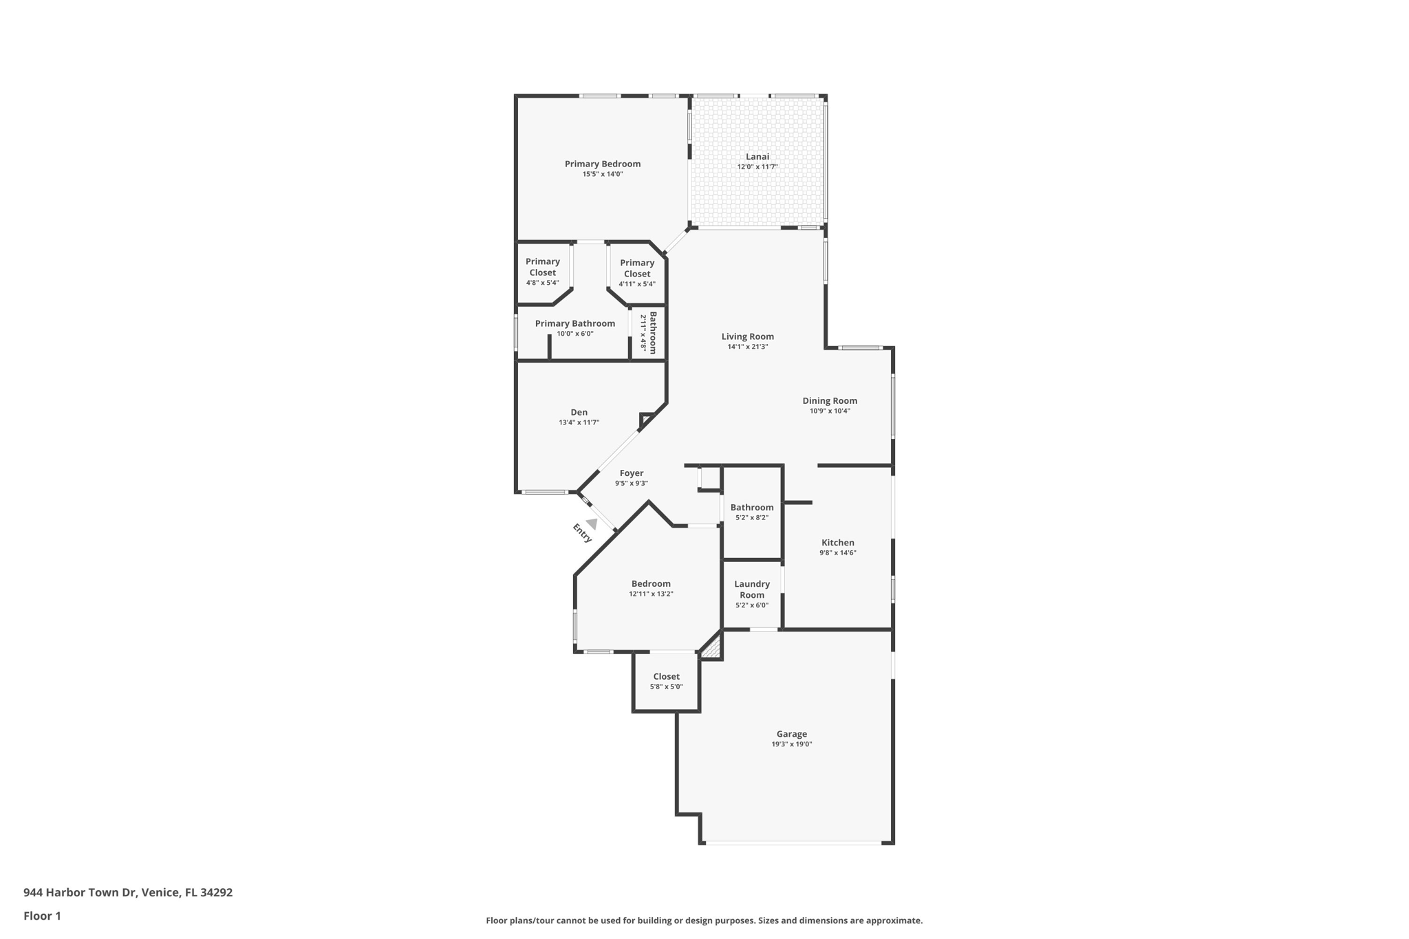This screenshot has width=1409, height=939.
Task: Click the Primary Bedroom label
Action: (x=602, y=164)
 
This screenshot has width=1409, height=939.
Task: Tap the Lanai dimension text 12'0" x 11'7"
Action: (x=757, y=167)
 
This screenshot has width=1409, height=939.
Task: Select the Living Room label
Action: (x=747, y=336)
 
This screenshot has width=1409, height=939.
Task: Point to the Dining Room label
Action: (x=830, y=401)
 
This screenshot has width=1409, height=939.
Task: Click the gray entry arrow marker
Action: (x=591, y=524)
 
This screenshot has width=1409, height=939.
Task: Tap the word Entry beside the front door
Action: (x=582, y=533)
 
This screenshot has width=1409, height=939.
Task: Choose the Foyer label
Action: (x=631, y=473)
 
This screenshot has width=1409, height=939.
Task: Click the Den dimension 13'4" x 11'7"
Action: (x=579, y=422)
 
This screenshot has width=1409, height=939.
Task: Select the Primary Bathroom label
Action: (x=574, y=323)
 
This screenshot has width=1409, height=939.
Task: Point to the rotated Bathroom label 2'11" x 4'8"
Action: (x=649, y=333)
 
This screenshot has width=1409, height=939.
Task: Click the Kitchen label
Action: (x=837, y=543)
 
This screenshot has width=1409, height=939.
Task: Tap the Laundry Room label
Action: (x=751, y=590)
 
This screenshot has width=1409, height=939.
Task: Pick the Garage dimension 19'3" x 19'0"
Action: (x=791, y=744)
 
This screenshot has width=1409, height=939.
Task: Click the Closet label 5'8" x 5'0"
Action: (x=666, y=677)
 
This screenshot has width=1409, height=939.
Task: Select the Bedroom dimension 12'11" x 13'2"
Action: (x=650, y=594)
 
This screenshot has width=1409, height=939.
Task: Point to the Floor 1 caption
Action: (x=42, y=916)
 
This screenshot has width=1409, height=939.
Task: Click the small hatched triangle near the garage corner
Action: (x=713, y=648)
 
